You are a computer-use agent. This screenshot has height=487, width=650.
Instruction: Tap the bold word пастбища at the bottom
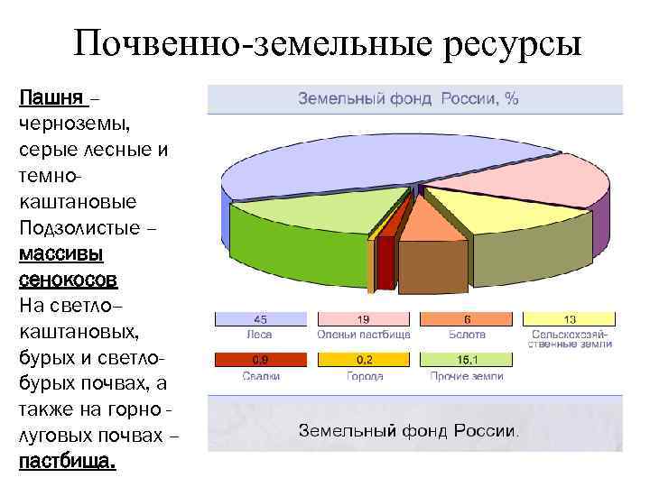point(66,463)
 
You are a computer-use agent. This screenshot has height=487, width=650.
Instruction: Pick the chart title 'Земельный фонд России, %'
point(408,99)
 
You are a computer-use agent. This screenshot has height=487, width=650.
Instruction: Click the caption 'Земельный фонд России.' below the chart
point(408,430)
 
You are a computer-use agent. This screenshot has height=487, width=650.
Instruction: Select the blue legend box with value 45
point(260,319)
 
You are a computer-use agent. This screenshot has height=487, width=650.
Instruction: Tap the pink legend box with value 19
point(363,319)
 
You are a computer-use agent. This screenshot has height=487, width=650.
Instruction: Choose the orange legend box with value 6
point(467,319)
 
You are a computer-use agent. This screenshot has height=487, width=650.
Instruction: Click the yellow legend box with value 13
point(570,319)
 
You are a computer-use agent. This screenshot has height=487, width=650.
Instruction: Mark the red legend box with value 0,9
point(260,359)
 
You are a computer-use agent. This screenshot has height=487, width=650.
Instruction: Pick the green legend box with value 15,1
point(467,359)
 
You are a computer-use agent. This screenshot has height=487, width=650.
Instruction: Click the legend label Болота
point(467,335)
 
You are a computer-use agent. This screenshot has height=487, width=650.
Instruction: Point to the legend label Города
point(363,375)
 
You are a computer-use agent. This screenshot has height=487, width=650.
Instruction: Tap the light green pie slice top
point(316,212)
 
